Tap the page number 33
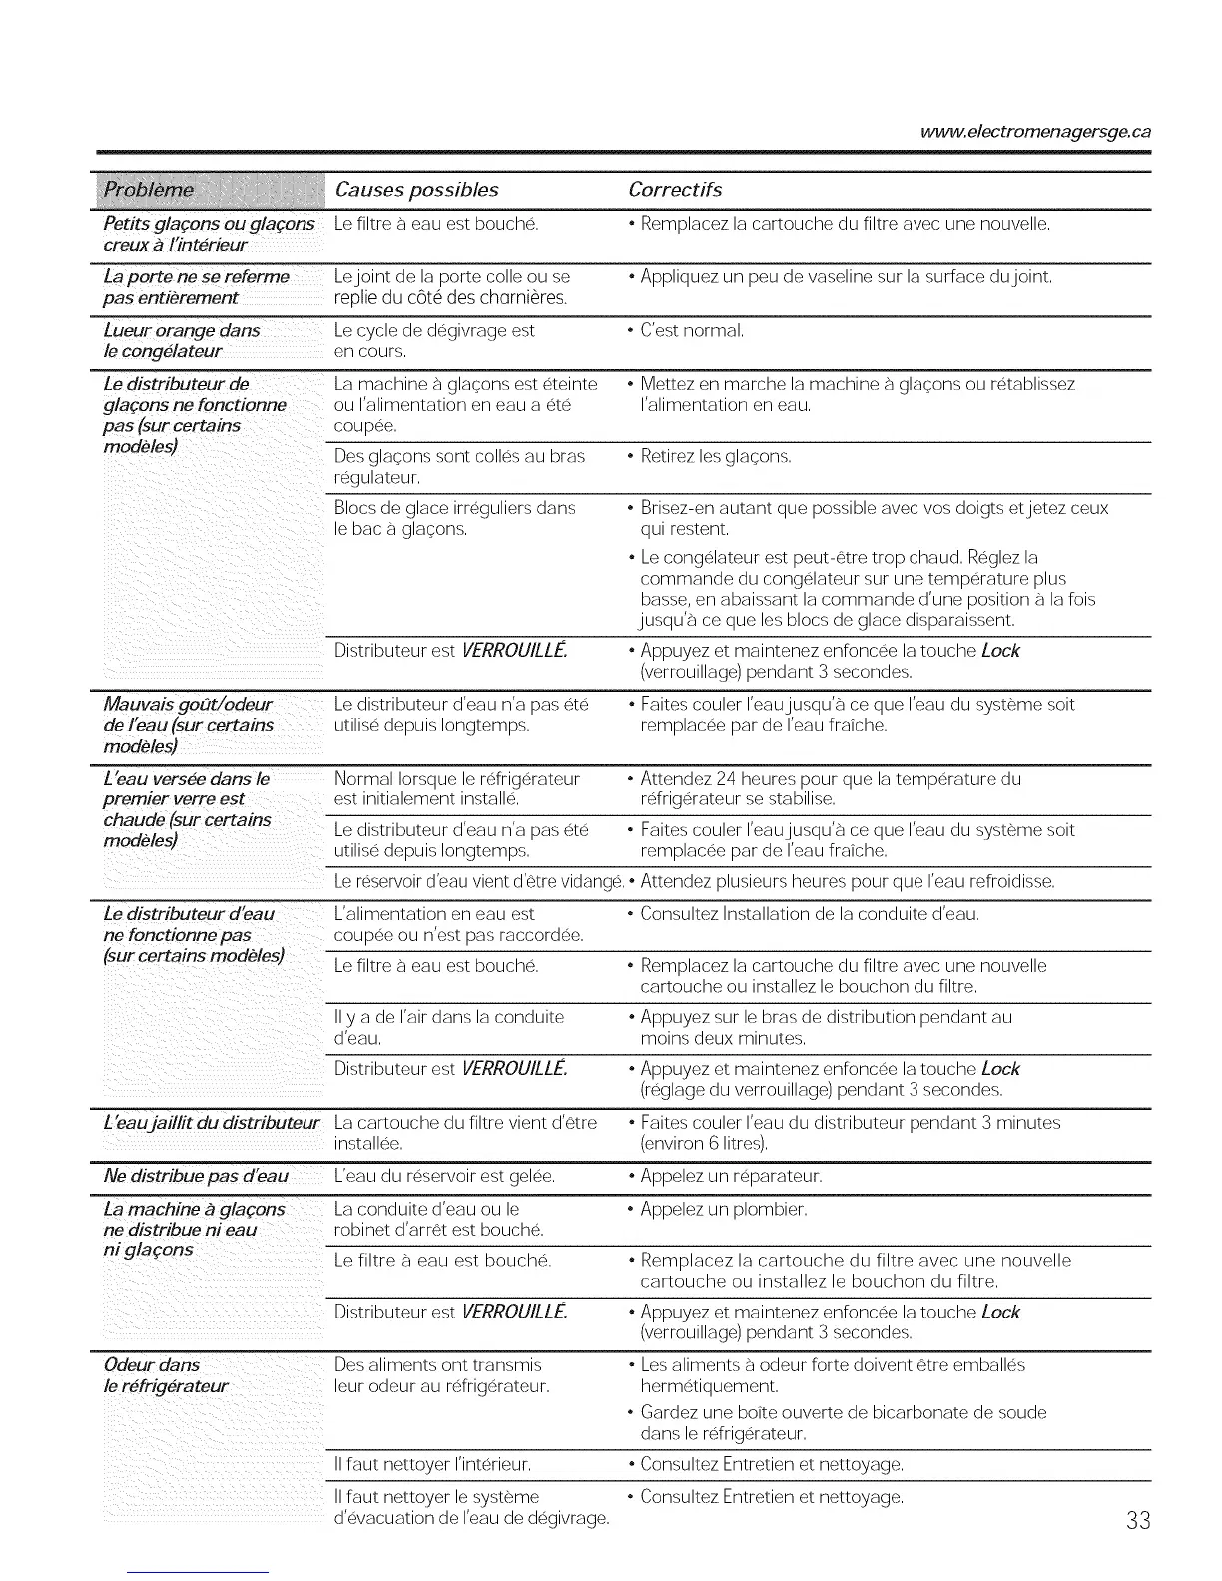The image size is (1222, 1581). click(x=1137, y=1520)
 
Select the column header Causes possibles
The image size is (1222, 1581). click(x=416, y=190)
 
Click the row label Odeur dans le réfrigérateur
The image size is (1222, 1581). click(x=166, y=1375)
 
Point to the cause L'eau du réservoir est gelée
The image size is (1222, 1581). click(x=444, y=1176)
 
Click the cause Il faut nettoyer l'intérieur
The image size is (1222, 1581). click(x=431, y=1465)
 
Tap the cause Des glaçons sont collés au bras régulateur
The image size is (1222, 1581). click(x=459, y=467)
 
